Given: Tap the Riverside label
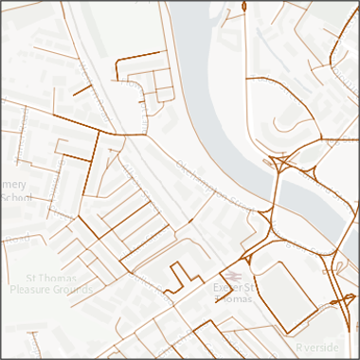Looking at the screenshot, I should tap(316, 348).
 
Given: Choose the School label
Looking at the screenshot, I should tap(16, 197).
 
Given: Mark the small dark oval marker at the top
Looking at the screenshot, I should tap(244, 7).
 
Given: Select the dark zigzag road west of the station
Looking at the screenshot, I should tap(175, 277).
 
